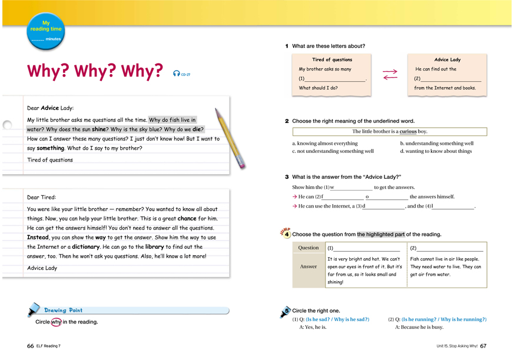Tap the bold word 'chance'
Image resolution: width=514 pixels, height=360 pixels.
[x=187, y=218]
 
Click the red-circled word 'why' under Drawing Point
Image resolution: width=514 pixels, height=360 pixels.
[x=56, y=322]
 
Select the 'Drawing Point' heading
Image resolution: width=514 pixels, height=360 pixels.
[x=63, y=310]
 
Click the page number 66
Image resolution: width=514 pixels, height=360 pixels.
[x=30, y=346]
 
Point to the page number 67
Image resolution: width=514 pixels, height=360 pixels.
[x=483, y=346]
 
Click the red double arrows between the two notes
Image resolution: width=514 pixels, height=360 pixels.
[x=390, y=75]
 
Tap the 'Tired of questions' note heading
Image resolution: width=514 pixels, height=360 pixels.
[x=331, y=59]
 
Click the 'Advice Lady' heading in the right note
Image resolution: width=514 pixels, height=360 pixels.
[x=447, y=59]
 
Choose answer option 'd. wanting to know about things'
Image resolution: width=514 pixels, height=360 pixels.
[x=436, y=151]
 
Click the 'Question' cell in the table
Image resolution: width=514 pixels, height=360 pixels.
[x=309, y=248]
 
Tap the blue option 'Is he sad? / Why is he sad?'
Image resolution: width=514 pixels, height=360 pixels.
[x=337, y=319]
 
